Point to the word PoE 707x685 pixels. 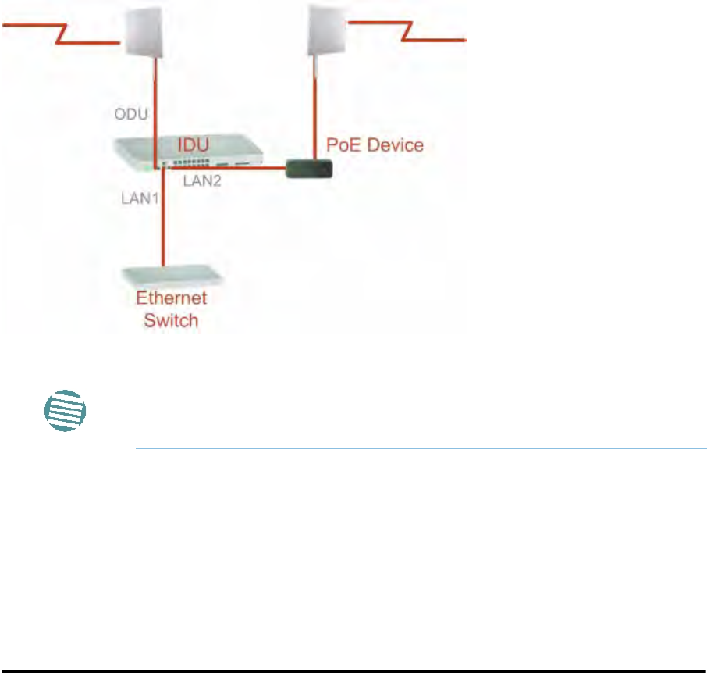[341, 144]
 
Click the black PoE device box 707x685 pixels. [310, 167]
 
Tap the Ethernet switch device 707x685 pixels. [170, 275]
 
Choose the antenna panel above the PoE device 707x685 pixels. [326, 30]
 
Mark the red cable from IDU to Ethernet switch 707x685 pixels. [164, 227]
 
